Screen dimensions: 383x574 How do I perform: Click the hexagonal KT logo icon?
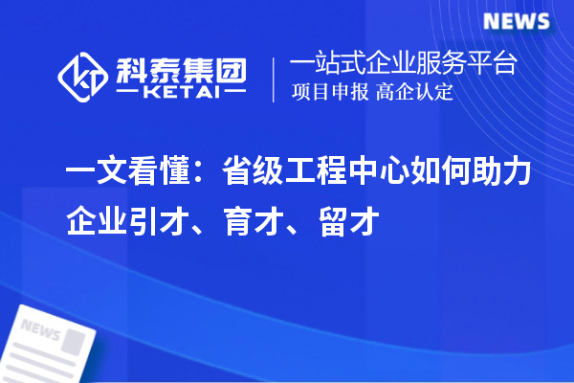tap(83, 74)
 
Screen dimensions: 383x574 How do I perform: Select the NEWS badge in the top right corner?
tap(516, 22)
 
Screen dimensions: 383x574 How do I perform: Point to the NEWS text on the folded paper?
tap(39, 331)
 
